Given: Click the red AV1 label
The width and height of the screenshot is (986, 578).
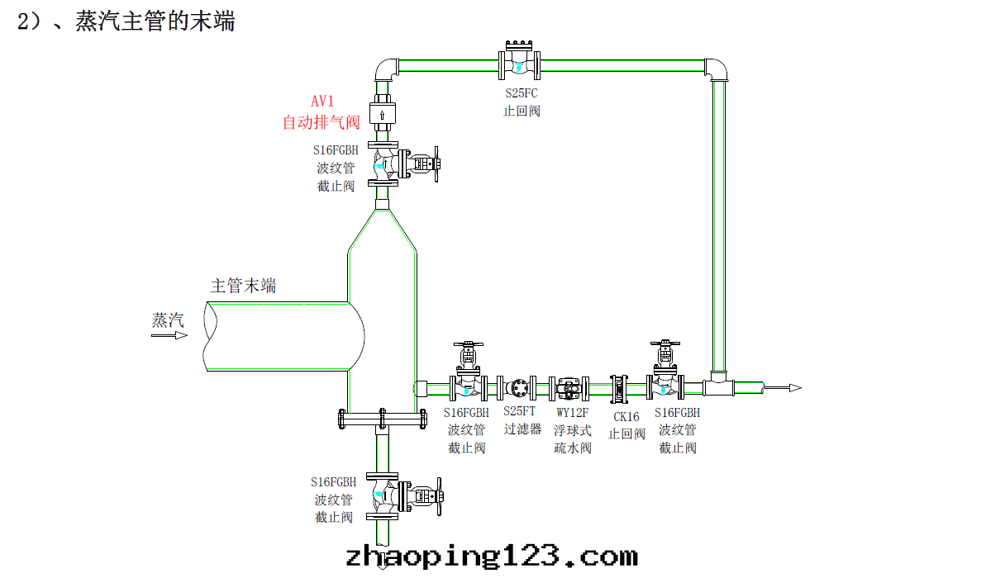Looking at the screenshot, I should pos(322,102).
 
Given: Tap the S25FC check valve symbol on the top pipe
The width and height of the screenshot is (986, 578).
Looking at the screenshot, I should pos(519,64).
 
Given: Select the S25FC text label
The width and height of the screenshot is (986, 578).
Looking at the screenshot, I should pos(522,93).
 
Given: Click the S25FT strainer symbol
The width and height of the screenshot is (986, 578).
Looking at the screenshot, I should pos(520,386).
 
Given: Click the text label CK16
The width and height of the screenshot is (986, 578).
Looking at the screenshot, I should pos(626,417).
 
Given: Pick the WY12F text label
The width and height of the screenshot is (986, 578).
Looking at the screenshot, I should pos(572,412).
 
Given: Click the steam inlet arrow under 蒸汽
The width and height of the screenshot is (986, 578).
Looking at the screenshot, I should pos(169,335).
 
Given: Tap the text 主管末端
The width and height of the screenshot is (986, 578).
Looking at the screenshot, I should pos(243,287).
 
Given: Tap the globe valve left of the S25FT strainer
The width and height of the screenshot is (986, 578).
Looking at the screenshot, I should pos(468,381).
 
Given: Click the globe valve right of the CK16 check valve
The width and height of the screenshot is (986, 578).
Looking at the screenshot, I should pos(665,381).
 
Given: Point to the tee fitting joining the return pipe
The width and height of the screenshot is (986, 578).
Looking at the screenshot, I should pos(717,384).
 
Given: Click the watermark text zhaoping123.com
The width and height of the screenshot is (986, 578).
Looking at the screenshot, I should pos(491,556).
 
